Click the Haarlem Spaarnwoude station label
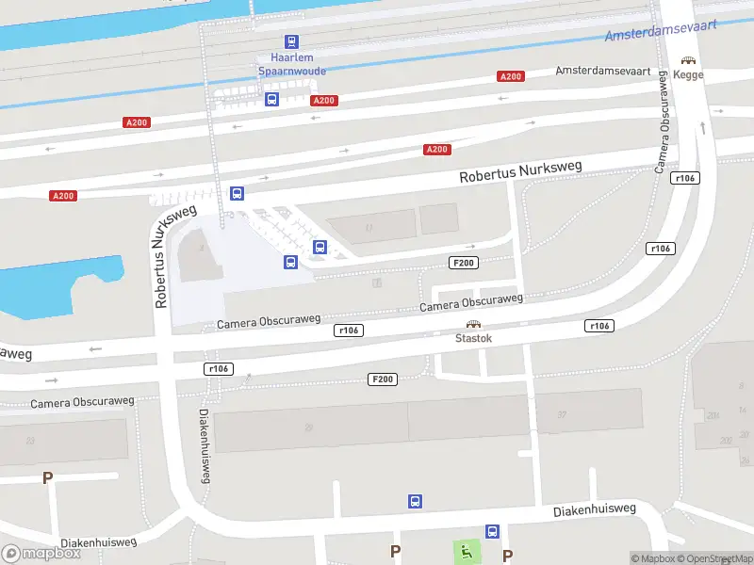pyautogui.click(x=291, y=64)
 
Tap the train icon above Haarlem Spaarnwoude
pyautogui.click(x=291, y=41)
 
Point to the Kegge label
pyautogui.click(x=689, y=74)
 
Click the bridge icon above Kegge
pyautogui.click(x=689, y=60)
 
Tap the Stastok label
pyautogui.click(x=473, y=337)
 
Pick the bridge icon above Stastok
pyautogui.click(x=473, y=324)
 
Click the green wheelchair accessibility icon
pyautogui.click(x=466, y=551)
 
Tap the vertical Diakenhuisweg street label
pyautogui.click(x=204, y=446)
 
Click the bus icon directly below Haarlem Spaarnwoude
pyautogui.click(x=271, y=99)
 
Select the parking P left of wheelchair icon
pyautogui.click(x=396, y=551)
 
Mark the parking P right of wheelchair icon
pyautogui.click(x=508, y=555)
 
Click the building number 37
pyautogui.click(x=561, y=414)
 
